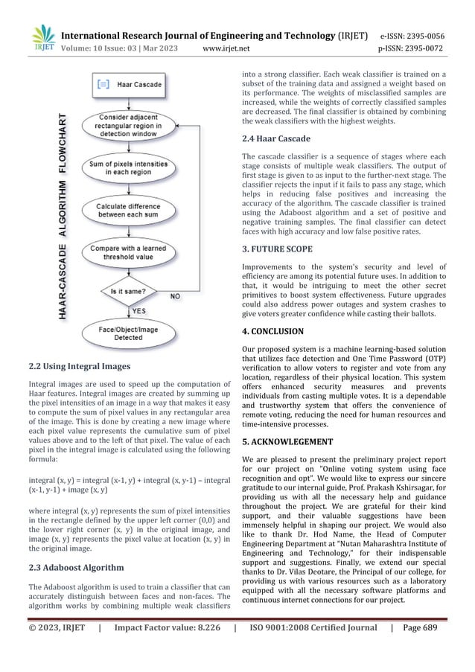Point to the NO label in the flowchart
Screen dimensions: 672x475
click(176, 295)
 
